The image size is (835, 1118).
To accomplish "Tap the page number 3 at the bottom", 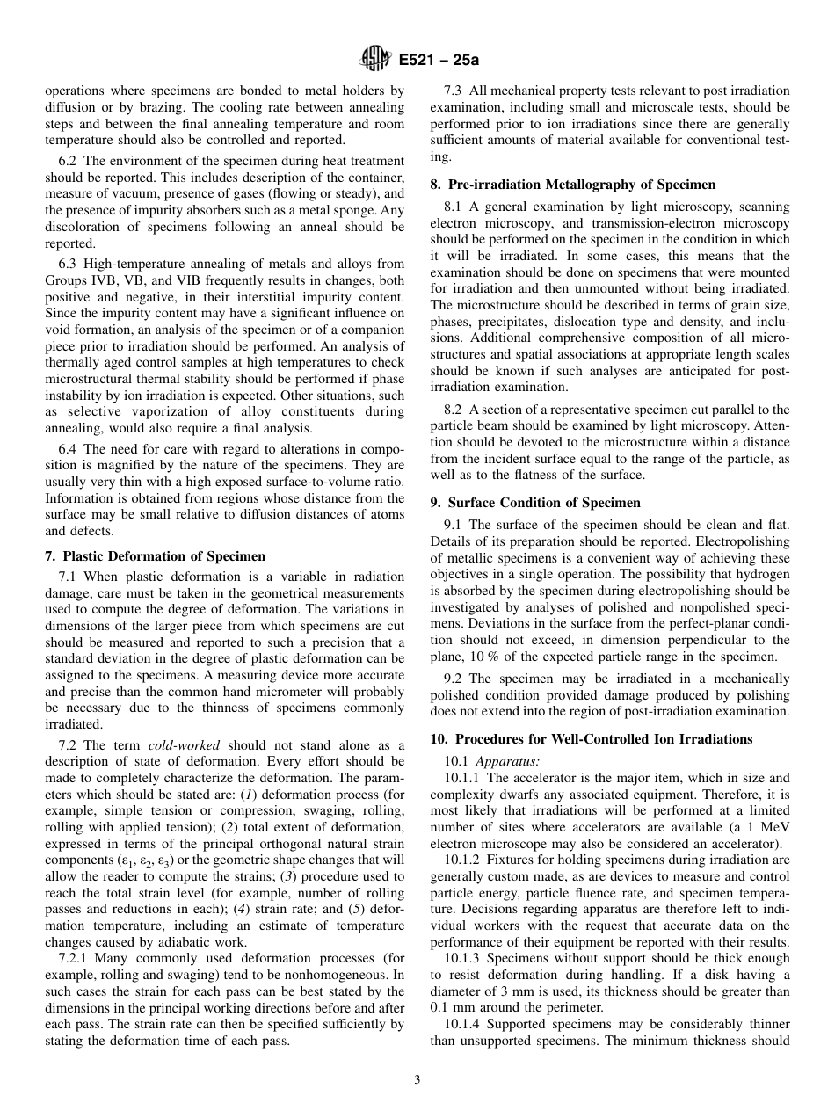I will click(x=417, y=1080).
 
